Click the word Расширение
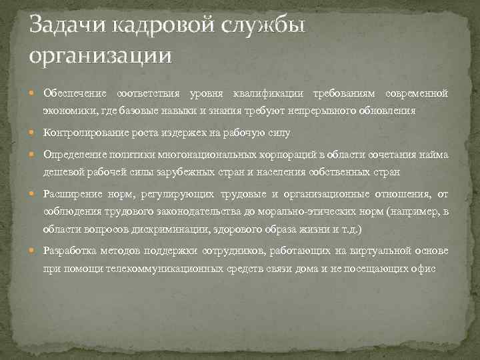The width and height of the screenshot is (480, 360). (71, 195)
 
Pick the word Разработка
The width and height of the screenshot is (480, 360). (71, 251)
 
